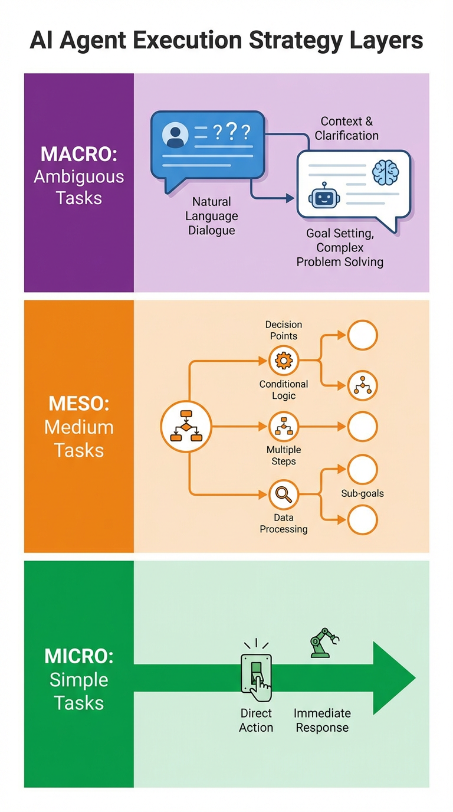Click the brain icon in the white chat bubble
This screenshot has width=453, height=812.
point(386,172)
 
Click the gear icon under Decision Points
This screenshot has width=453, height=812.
point(284,359)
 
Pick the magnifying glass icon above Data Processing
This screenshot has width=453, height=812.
point(284,494)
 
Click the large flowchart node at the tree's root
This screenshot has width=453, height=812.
point(186,426)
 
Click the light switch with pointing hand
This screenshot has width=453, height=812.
point(256,676)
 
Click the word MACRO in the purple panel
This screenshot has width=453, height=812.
point(78,154)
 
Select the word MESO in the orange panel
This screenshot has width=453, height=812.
point(79,405)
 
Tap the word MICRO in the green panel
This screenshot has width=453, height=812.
point(78,656)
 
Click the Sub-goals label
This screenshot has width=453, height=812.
point(362,493)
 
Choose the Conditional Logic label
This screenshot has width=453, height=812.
point(284,389)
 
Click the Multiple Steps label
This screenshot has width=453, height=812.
point(284,455)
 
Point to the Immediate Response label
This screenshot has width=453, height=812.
point(322,721)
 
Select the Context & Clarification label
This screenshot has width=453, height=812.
point(347,128)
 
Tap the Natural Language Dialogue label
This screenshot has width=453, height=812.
point(212,216)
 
